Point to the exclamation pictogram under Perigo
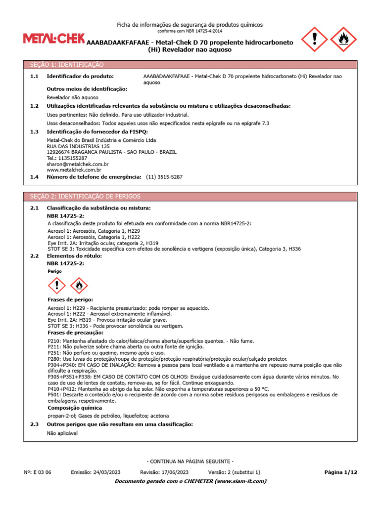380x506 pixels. coord(57,285)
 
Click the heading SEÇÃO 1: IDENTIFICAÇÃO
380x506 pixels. coord(67,65)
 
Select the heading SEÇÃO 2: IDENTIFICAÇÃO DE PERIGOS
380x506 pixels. coord(85,196)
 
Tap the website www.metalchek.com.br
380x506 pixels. coord(74,170)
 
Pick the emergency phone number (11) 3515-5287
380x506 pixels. coord(164,176)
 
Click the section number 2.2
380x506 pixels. coord(34,256)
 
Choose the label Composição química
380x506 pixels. coord(75,408)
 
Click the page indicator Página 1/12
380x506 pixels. coord(340,472)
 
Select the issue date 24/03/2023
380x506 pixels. coord(106,472)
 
